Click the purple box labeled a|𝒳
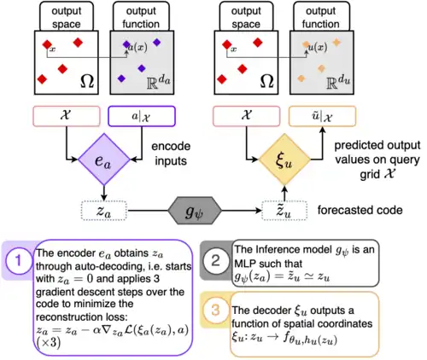click(142, 116)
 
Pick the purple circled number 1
click(18, 256)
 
